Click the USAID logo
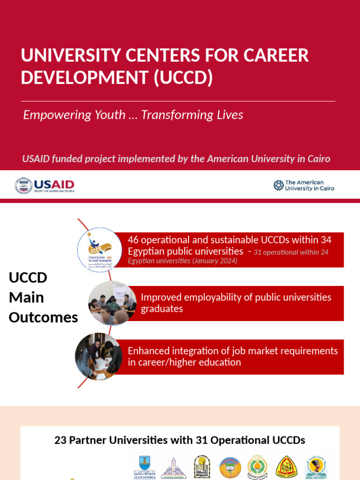45,186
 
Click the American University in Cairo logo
304,186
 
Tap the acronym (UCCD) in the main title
183,77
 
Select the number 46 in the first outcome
133,240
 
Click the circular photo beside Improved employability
112,303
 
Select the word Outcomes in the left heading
43,317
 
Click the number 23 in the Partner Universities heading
60,440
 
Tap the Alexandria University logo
144,467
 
